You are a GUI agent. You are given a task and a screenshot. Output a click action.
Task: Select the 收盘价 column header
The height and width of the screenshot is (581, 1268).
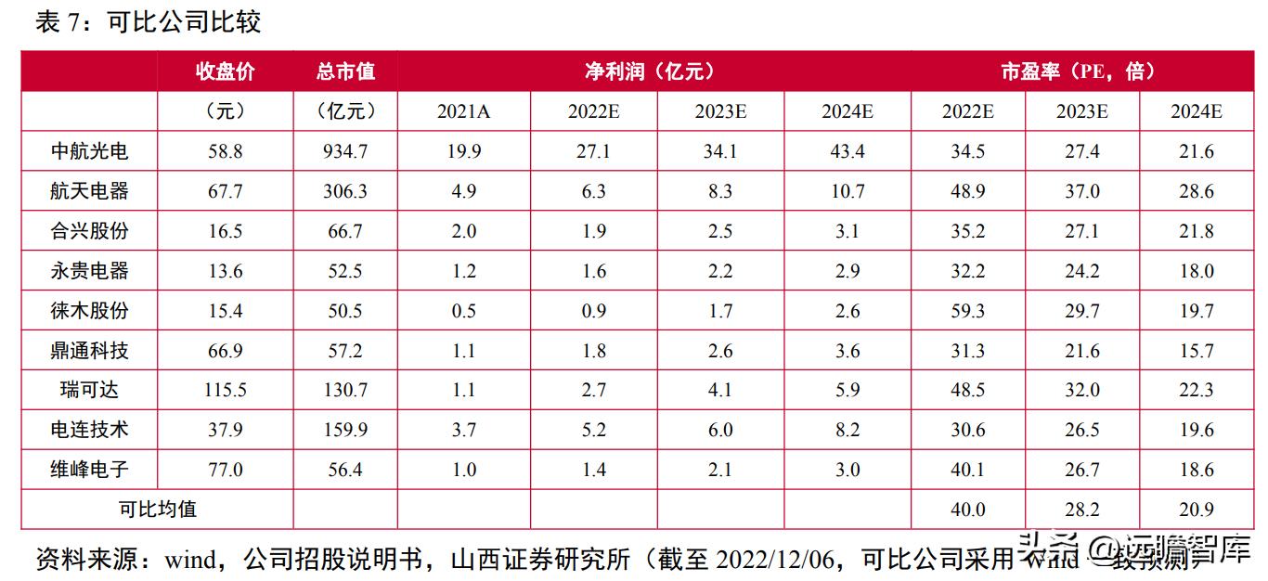click(225, 71)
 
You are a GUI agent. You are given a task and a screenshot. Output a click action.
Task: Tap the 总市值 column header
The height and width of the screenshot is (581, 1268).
click(345, 71)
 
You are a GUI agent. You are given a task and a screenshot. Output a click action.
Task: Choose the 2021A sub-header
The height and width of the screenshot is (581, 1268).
click(463, 111)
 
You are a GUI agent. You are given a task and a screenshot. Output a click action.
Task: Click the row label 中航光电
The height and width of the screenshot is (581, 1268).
click(89, 151)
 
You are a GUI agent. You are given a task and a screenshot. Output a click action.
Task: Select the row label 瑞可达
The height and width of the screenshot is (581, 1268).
click(89, 390)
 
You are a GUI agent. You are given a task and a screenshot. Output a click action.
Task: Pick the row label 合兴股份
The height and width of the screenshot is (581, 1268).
click(89, 231)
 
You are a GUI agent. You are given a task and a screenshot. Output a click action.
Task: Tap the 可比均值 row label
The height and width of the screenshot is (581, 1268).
click(158, 509)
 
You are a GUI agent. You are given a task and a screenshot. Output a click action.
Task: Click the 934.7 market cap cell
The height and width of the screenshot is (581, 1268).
click(345, 151)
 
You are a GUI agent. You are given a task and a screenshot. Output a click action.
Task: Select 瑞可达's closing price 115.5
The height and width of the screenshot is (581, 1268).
click(225, 390)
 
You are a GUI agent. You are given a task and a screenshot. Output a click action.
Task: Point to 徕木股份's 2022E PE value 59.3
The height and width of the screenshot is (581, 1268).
click(967, 311)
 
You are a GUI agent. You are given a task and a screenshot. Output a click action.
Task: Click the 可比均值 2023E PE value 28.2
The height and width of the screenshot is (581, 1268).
click(1081, 510)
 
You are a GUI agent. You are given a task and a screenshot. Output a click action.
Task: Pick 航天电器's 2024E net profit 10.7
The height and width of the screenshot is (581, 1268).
click(847, 191)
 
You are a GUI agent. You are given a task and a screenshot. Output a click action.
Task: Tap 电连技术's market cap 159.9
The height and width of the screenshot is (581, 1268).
click(345, 430)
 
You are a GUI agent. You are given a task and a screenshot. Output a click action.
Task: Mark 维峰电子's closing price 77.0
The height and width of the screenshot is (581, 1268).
click(225, 470)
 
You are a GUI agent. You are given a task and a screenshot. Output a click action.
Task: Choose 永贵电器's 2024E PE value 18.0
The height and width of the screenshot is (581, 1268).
click(1196, 271)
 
